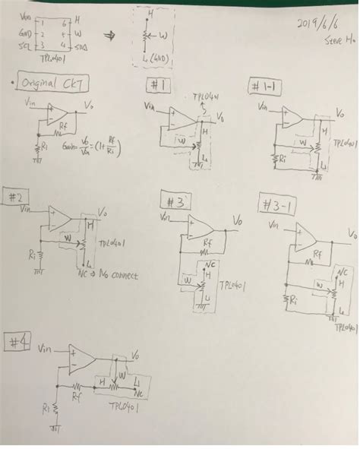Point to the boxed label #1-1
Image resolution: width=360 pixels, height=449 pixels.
point(265,87)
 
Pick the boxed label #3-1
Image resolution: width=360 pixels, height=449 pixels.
point(279,204)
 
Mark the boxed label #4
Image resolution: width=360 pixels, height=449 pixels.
point(18,342)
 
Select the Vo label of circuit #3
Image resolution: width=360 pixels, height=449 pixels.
point(238,220)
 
